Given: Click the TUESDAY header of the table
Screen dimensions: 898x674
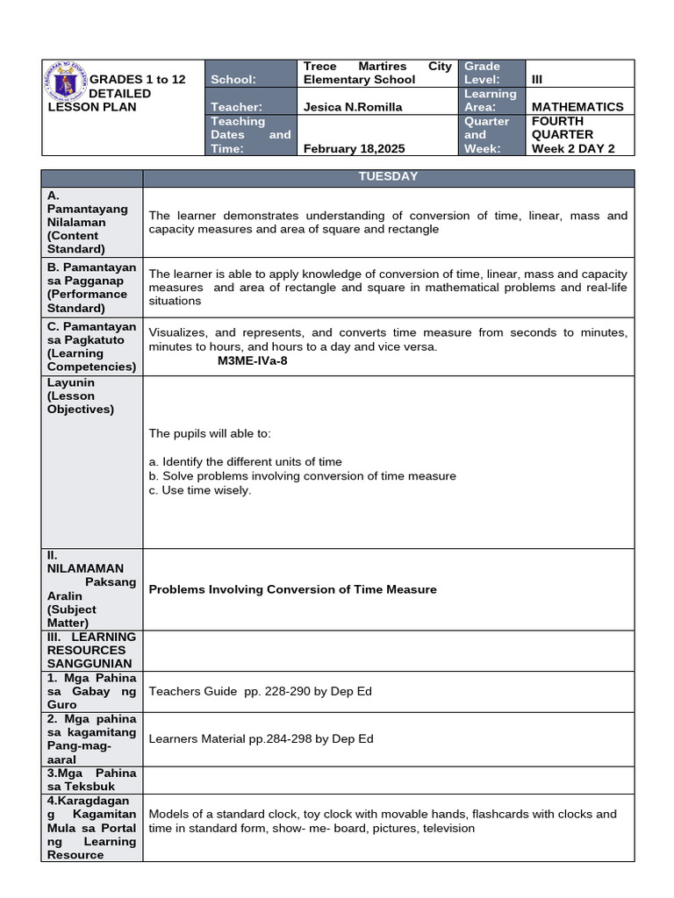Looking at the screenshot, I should (388, 177).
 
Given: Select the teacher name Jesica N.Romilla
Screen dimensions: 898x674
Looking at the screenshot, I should (351, 107).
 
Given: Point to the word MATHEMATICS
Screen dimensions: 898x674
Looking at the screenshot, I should (577, 107).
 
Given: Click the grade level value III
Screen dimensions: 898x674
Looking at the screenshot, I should (538, 79).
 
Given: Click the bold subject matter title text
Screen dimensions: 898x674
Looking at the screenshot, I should (292, 589).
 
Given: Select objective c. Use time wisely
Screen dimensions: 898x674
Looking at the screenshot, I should (200, 490).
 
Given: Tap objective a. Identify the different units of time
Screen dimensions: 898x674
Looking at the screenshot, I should (246, 461).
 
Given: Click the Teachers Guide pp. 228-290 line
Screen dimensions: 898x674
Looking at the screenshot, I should (261, 691).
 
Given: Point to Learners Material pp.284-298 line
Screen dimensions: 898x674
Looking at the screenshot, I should (262, 738).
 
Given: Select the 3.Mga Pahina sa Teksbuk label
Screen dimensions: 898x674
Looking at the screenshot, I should (92, 780).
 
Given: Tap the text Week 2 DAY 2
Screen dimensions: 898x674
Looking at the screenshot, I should (572, 148).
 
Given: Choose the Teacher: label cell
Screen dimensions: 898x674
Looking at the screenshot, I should (236, 107).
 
